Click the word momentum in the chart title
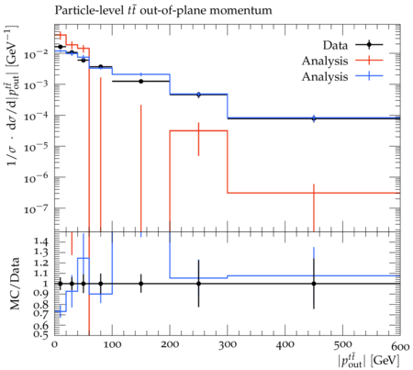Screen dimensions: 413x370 tap(240, 10)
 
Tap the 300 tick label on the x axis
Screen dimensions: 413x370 tap(228, 345)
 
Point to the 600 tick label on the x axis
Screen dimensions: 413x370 tap(400, 346)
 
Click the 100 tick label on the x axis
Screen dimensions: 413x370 tap(112, 345)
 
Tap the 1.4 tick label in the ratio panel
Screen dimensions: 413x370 tap(41, 241)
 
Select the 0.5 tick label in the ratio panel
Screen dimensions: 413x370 tap(41, 334)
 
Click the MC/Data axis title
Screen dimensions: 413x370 tap(14, 284)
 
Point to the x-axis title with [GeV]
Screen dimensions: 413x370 tap(368, 360)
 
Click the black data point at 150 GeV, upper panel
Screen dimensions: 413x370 tap(140, 82)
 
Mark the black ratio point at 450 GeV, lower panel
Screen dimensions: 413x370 tap(314, 284)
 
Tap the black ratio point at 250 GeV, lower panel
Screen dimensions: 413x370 tap(198, 284)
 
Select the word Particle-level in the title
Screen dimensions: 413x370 tap(89, 10)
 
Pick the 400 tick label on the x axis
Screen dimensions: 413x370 tap(285, 345)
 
